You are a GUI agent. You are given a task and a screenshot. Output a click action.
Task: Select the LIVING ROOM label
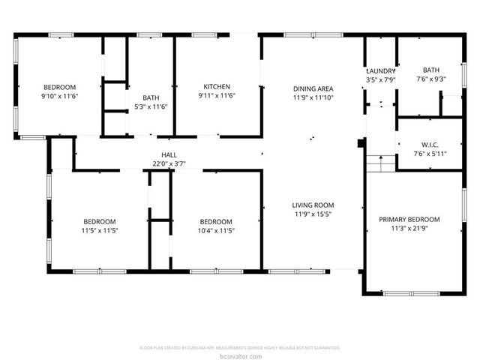pos(313,205)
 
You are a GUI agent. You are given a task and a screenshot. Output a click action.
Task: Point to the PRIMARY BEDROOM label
pos(409,219)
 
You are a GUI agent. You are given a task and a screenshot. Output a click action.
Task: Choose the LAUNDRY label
pos(380,70)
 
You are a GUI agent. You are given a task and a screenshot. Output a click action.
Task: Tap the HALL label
pos(169,154)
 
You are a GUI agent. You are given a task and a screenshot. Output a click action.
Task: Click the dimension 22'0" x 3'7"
pos(169,163)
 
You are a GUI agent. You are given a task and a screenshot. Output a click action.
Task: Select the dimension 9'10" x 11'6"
pos(60,97)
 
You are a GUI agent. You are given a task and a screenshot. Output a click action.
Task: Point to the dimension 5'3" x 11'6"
pos(150,107)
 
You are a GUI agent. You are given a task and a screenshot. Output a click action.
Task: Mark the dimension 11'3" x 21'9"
pos(409,229)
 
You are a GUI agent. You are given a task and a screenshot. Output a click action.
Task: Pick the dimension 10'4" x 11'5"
pos(216,230)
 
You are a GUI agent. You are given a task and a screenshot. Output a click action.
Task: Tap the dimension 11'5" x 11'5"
pos(100,230)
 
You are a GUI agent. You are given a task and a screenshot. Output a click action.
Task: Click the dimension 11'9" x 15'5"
pos(313,214)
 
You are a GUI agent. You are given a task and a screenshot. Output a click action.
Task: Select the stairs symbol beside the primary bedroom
pos(379,163)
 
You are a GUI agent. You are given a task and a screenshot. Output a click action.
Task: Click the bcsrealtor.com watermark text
pos(240,355)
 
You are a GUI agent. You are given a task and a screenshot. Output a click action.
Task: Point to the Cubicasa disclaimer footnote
pos(240,348)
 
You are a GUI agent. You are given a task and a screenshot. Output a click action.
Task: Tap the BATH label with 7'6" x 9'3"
pos(431,70)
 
